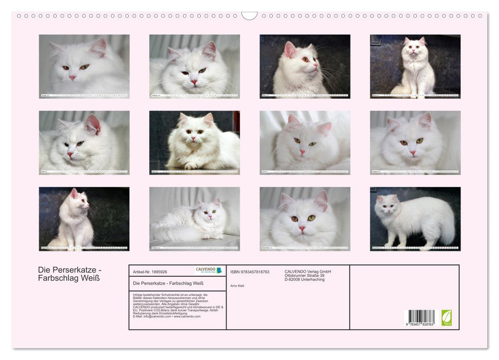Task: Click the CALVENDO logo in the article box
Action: click(209, 271)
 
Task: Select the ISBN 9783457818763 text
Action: click(250, 272)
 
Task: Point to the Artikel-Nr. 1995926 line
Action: click(150, 272)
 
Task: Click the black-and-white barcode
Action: click(421, 316)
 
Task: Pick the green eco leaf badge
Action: click(447, 317)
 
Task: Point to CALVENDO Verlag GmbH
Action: click(308, 272)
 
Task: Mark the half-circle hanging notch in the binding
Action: click(249, 16)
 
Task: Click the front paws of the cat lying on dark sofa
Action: click(191, 165)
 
